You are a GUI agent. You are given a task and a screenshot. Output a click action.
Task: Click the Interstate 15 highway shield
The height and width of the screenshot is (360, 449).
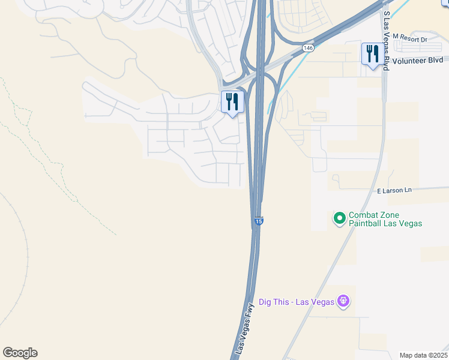[x=258, y=221]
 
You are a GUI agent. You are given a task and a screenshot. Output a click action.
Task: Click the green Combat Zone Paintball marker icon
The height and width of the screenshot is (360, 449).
[x=339, y=219]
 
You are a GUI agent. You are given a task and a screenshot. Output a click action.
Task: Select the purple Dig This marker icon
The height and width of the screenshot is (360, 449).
[x=343, y=301]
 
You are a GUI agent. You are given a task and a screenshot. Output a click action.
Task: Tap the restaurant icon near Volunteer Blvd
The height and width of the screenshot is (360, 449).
[x=372, y=55]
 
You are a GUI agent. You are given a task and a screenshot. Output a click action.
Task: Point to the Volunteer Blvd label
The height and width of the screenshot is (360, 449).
[x=418, y=60]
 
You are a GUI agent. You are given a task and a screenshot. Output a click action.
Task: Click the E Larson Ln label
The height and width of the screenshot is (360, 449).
[x=394, y=191]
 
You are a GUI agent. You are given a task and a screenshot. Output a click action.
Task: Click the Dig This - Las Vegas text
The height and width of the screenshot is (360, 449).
[x=296, y=302]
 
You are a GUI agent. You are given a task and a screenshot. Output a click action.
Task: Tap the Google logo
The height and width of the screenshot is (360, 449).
[x=20, y=353]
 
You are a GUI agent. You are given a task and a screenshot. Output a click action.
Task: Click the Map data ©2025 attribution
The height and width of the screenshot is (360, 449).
[x=423, y=355]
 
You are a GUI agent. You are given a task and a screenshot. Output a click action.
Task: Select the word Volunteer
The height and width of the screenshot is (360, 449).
[x=409, y=60]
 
